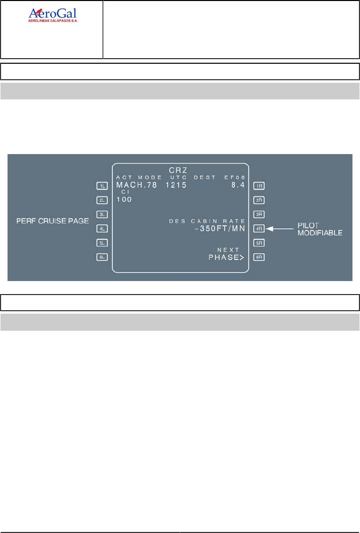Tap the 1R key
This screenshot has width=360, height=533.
click(x=260, y=186)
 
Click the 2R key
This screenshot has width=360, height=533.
click(x=260, y=200)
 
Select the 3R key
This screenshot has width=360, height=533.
click(x=260, y=214)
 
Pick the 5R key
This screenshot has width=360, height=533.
click(x=260, y=243)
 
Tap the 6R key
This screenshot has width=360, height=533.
click(x=260, y=257)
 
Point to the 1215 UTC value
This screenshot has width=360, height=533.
click(x=176, y=185)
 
